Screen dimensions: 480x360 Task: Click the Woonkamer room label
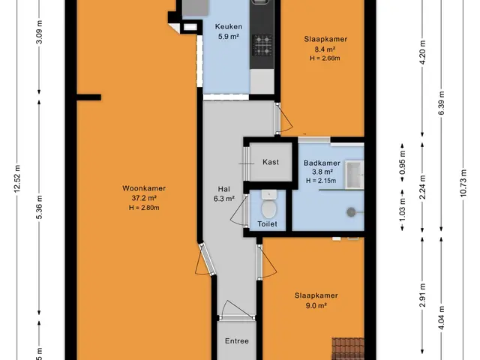click(144, 188)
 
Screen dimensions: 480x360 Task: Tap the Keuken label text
click(228, 27)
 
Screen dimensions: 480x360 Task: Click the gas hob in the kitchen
click(262, 45)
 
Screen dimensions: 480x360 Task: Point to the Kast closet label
click(271, 162)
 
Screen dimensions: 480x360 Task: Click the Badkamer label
click(322, 163)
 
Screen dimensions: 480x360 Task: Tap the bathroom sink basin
click(355, 175)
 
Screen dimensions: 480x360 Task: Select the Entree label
click(237, 341)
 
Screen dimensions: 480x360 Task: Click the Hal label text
click(223, 189)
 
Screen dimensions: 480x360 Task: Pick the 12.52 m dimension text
click(16, 179)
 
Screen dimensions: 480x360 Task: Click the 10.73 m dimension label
click(463, 183)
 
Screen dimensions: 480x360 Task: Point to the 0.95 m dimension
click(402, 163)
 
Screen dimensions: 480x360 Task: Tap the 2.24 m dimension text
click(422, 187)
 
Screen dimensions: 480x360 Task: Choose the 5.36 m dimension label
click(39, 207)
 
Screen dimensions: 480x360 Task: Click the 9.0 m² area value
click(316, 305)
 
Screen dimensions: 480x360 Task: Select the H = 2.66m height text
click(325, 58)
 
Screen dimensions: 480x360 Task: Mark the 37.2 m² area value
click(144, 198)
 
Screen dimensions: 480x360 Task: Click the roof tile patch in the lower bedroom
click(348, 349)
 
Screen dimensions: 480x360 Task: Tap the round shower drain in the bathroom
click(351, 211)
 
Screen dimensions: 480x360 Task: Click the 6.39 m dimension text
click(441, 103)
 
